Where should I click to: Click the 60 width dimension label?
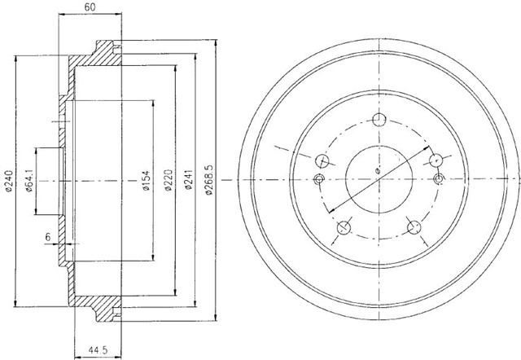pyautogui.click(x=90, y=7)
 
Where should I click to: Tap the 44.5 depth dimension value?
pyautogui.click(x=98, y=349)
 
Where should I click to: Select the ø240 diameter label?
pyautogui.click(x=9, y=181)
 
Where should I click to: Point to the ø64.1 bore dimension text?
pyautogui.click(x=29, y=181)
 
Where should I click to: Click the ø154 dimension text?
pyautogui.click(x=147, y=181)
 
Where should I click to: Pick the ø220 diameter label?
pyautogui.click(x=169, y=181)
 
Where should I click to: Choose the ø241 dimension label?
pyautogui.click(x=188, y=180)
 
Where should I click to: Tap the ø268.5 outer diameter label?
pyautogui.click(x=208, y=180)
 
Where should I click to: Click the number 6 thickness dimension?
pyautogui.click(x=48, y=237)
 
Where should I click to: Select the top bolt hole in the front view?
pyautogui.click(x=379, y=120)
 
